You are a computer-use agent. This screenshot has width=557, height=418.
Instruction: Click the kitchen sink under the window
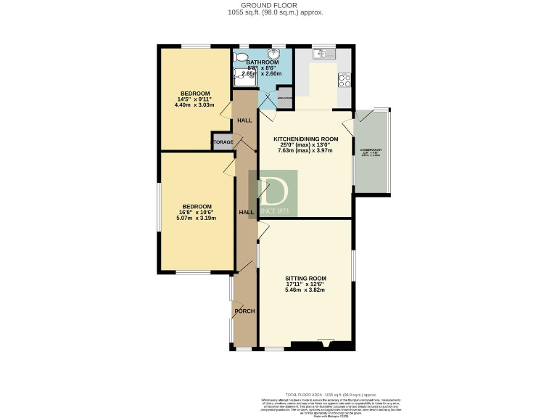pos(323,54)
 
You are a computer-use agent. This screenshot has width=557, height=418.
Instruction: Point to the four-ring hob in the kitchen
pos(344,81)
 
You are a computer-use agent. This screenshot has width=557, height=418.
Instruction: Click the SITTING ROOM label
pos(305,279)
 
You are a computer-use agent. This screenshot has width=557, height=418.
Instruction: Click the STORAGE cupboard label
pos(223,142)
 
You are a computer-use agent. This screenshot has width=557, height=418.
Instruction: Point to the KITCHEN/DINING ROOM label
pos(305,139)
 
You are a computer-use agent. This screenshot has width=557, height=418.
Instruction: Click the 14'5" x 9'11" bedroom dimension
pos(196,99)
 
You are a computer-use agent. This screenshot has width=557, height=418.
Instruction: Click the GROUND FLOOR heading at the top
pos(278,5)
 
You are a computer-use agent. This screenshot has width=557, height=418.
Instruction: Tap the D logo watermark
pos(273,194)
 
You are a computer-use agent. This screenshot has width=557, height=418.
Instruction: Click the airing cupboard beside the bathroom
pos(284,98)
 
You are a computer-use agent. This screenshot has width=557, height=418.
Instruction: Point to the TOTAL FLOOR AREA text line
pos(314,393)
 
